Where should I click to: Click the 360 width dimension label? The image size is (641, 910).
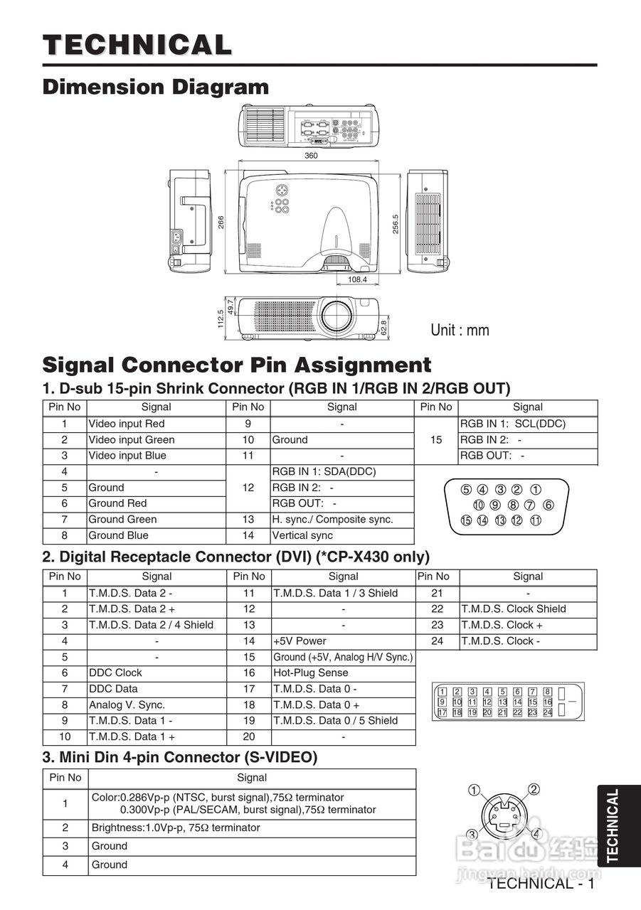311,156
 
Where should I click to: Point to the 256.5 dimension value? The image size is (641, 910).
396,223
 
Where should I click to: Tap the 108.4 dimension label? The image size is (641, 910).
358,279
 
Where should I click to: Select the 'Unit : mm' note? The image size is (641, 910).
460,330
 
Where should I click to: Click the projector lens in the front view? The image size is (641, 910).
335,314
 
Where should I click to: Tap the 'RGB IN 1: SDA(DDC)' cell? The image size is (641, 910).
324,471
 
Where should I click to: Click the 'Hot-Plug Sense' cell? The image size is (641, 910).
311,673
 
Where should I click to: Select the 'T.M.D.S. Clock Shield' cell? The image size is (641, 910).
514,609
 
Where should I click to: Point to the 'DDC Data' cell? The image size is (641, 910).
114,688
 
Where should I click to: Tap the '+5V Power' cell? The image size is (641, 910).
300,641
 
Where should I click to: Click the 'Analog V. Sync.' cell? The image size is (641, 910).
127,705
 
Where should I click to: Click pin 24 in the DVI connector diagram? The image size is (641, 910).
547,712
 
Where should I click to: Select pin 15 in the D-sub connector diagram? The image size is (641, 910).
466,520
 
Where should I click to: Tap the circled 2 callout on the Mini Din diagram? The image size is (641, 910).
534,788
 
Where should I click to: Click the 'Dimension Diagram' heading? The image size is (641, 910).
156,87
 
